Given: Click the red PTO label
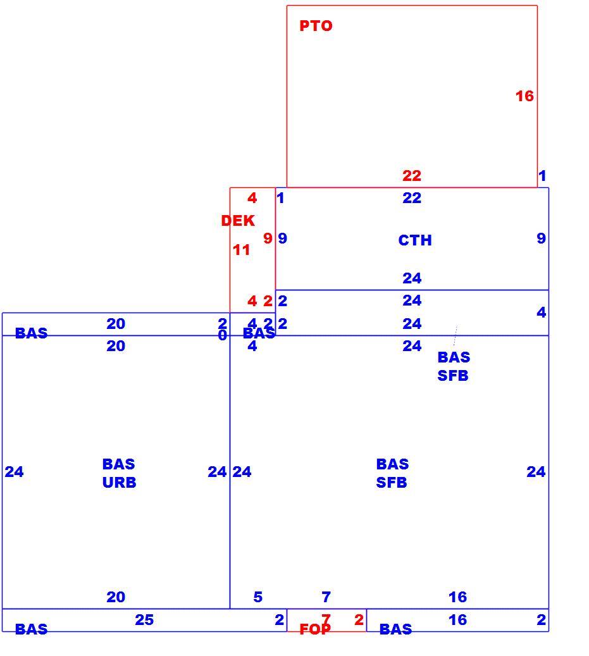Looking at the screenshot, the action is tap(316, 26).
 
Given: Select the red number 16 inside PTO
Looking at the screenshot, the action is tap(524, 96).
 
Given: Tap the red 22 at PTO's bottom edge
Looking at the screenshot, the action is tap(412, 176).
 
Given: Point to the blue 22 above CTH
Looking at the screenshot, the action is tap(412, 198).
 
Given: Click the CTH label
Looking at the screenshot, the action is tap(415, 240).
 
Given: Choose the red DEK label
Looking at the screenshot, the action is tap(238, 221).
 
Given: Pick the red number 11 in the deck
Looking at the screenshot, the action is tap(242, 250).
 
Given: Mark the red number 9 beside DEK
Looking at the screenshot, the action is tap(268, 238).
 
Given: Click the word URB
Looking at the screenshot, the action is tap(119, 483).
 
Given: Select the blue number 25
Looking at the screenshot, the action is tap(144, 619).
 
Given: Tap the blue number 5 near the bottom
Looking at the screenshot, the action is tap(258, 597).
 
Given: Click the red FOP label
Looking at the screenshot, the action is tap(315, 629).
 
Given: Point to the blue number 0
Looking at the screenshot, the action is tap(223, 335).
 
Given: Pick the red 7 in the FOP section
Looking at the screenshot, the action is tap(326, 619).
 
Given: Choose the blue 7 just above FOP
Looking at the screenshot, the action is tap(326, 597).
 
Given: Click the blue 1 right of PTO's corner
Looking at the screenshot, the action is tap(542, 176).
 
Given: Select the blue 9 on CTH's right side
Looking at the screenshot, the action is tap(542, 238).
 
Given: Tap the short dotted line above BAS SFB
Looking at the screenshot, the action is tap(455, 335).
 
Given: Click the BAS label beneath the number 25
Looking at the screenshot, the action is tap(32, 629).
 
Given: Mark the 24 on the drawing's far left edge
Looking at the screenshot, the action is tap(14, 472).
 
